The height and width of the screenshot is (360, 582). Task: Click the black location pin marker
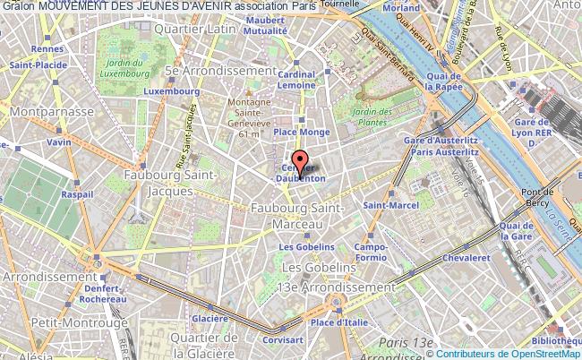[x=303, y=162]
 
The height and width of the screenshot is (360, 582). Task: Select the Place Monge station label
[x=302, y=132]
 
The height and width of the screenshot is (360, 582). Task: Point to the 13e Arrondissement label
[x=338, y=287]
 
